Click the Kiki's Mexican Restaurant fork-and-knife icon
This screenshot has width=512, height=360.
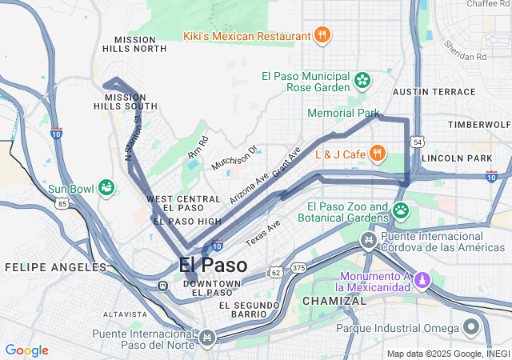pyautogui.click(x=322, y=35)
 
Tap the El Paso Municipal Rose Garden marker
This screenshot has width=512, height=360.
pyautogui.click(x=362, y=80)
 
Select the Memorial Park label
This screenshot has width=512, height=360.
pyautogui.click(x=343, y=114)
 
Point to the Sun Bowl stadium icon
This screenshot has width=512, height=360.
pyautogui.click(x=106, y=189)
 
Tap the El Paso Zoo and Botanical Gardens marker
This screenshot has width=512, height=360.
pyautogui.click(x=401, y=211)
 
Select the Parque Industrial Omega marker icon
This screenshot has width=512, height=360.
pyautogui.click(x=471, y=328)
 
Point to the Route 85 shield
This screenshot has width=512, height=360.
pyautogui.click(x=62, y=204)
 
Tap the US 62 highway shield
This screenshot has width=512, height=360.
pyautogui.click(x=275, y=273)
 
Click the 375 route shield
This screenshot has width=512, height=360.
pyautogui.click(x=298, y=267)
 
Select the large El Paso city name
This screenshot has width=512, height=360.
pyautogui.click(x=213, y=265)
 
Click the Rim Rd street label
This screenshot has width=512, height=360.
pyautogui.click(x=197, y=147)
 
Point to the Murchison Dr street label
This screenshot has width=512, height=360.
pyautogui.click(x=234, y=157)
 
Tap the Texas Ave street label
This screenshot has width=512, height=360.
pyautogui.click(x=263, y=232)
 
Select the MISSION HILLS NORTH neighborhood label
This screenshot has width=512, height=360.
pyautogui.click(x=141, y=44)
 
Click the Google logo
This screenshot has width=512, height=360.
pyautogui.click(x=26, y=350)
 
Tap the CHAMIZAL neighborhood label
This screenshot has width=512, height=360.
pyautogui.click(x=333, y=301)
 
